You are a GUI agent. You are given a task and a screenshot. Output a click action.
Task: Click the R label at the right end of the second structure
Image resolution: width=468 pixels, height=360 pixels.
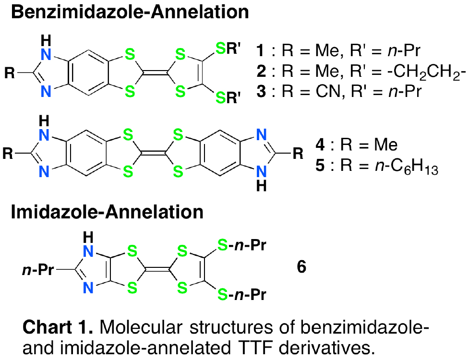[298, 155]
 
